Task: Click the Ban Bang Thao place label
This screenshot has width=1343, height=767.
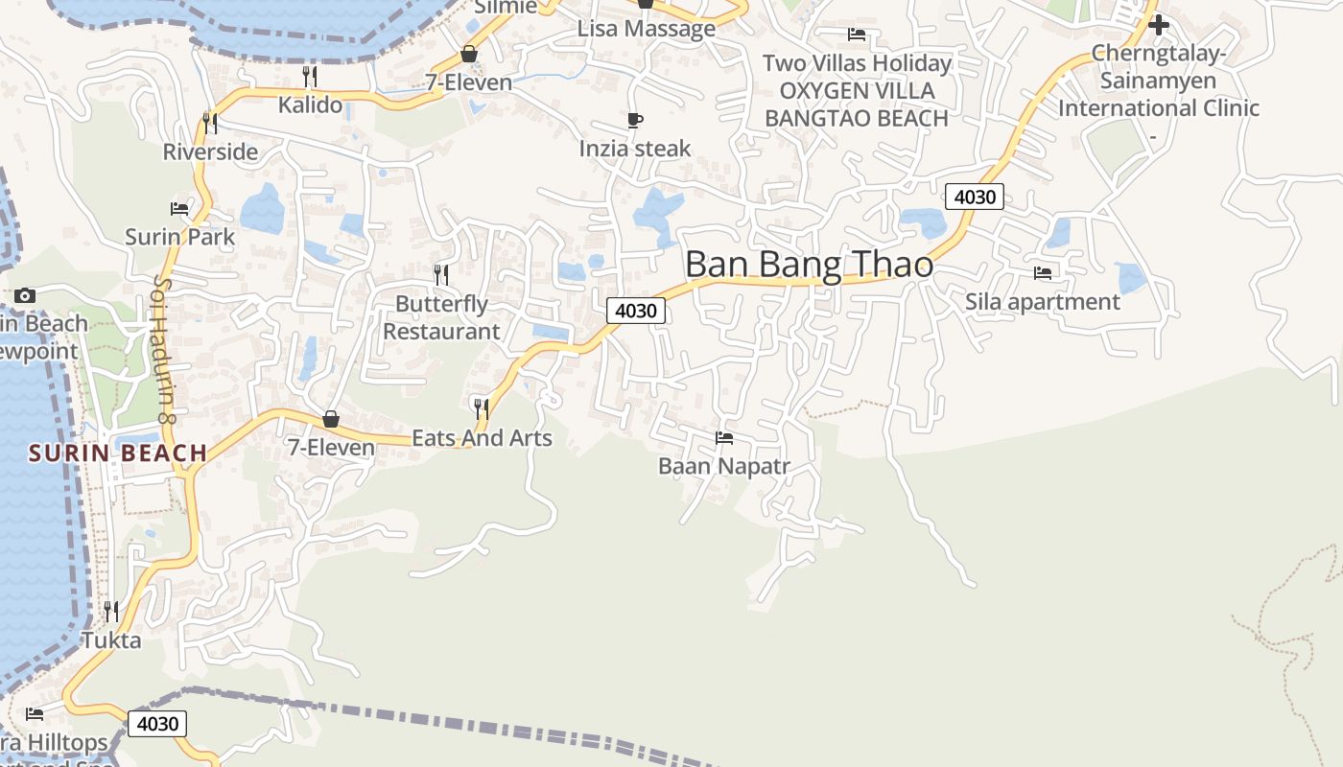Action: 809,264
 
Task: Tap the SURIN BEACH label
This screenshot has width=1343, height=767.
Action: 117,453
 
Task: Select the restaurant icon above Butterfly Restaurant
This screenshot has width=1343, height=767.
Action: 441,275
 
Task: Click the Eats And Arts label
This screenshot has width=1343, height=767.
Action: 482,438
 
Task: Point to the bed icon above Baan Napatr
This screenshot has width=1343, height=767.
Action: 724,438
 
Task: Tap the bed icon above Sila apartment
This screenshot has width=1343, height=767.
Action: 1043,273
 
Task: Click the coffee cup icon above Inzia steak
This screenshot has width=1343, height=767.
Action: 635,120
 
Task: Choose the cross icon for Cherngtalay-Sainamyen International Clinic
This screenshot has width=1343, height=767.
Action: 1159,25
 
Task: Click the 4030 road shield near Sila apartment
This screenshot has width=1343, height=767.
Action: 975,197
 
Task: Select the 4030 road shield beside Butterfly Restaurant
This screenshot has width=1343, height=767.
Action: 635,311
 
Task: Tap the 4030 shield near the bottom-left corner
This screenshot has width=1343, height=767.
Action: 157,723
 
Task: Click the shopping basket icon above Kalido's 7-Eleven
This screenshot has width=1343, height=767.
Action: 469,54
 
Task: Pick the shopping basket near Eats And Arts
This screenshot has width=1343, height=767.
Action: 331,419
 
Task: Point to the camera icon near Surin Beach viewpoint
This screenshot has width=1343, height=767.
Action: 26,295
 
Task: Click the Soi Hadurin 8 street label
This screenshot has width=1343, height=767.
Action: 163,350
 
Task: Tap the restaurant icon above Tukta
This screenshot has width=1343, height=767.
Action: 111,611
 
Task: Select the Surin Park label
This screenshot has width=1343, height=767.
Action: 179,237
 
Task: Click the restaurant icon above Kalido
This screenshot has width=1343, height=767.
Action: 310,76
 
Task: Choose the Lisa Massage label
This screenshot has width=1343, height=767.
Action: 646,29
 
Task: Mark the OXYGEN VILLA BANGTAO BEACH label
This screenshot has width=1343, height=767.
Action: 857,105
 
